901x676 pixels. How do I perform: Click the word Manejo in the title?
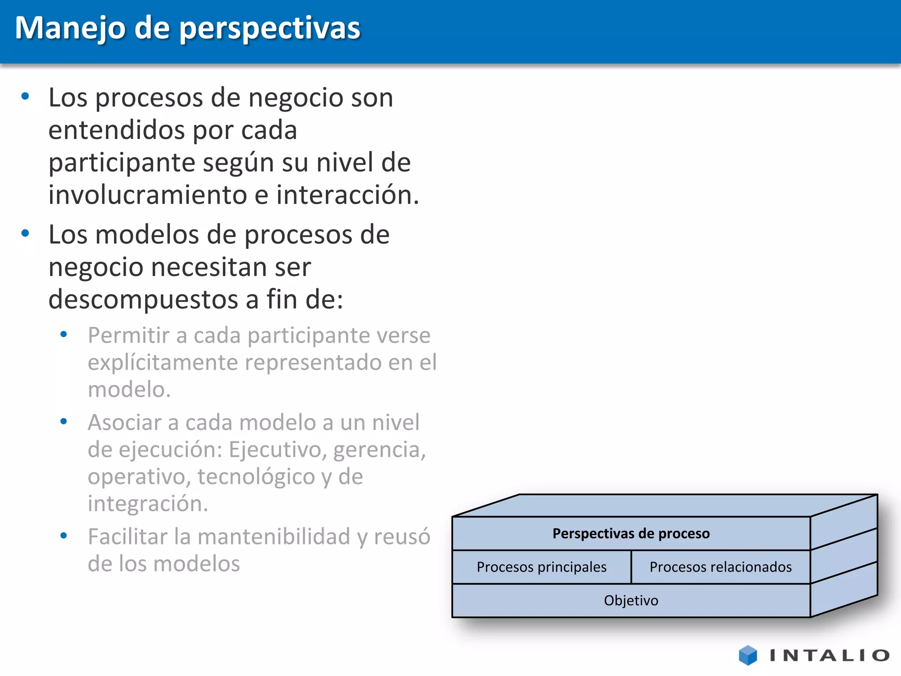click(x=70, y=28)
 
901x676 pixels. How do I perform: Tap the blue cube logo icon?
click(x=747, y=655)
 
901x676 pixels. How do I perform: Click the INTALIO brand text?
click(x=829, y=655)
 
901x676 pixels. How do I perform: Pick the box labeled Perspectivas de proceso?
click(x=631, y=533)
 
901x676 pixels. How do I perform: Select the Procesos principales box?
click(x=542, y=567)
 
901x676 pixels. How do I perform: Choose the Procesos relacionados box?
click(x=720, y=567)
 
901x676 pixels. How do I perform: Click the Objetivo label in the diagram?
click(x=631, y=600)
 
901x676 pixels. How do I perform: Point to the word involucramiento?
click(x=147, y=195)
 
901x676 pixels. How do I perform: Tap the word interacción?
click(x=348, y=195)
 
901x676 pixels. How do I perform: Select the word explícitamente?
click(x=162, y=363)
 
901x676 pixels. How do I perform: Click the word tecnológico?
click(x=256, y=477)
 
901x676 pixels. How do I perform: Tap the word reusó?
click(x=402, y=537)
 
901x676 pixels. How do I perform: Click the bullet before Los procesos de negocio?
click(x=26, y=96)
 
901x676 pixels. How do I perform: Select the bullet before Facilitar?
click(x=64, y=536)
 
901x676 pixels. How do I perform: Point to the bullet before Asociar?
click(x=64, y=422)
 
